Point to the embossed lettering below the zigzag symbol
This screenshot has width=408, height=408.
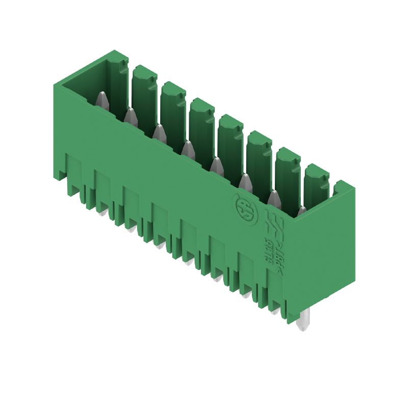coord(271,254)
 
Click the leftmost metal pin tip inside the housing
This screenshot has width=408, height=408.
coord(101,97)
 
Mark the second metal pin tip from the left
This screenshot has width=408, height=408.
coord(130,115)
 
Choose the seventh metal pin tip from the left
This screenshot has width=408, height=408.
coord(273,196)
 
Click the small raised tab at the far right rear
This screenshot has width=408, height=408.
coord(339,185)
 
